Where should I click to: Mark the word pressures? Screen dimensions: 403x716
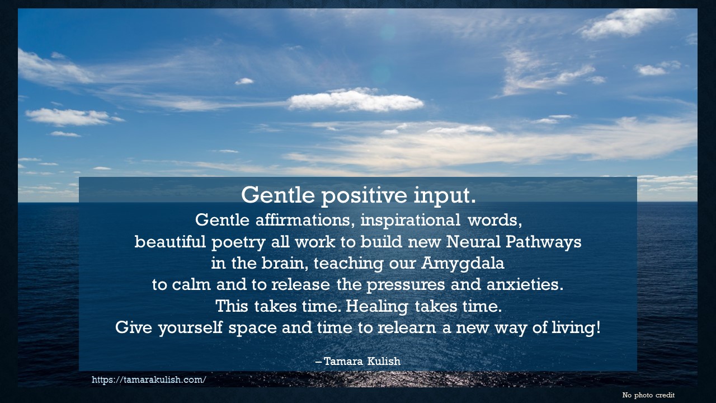(x=412, y=285)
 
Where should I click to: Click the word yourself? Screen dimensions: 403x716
(x=190, y=327)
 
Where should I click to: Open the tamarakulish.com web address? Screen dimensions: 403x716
(x=149, y=379)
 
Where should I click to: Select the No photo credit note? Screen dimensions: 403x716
(x=648, y=395)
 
